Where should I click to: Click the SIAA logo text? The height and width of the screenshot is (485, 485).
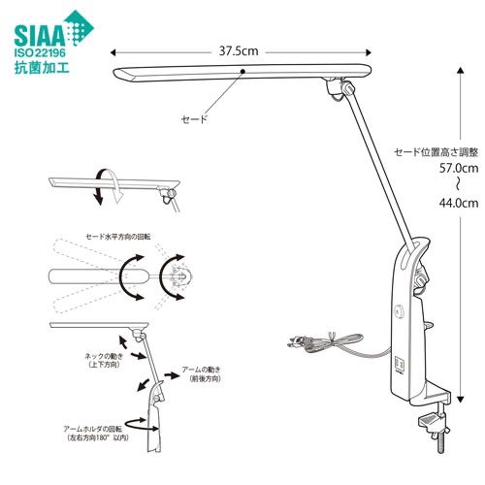click(x=40, y=36)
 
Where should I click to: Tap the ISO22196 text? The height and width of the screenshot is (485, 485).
click(x=40, y=52)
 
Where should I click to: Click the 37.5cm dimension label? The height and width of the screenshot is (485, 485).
click(x=239, y=51)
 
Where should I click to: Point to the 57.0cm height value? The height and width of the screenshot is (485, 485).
click(x=459, y=168)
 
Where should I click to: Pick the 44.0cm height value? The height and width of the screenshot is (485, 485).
click(x=459, y=203)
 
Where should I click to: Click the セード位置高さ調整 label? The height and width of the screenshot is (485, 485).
click(x=436, y=152)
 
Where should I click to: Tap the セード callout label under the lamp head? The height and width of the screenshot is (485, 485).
click(x=194, y=119)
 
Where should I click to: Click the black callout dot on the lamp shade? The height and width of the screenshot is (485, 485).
click(x=242, y=71)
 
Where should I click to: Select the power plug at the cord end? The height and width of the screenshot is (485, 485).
click(x=298, y=342)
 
